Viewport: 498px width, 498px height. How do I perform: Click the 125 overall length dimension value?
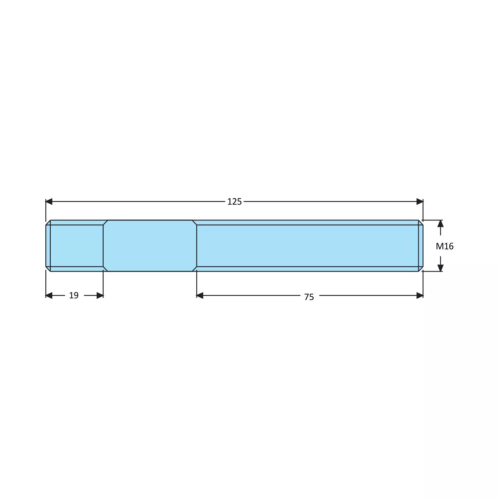234,202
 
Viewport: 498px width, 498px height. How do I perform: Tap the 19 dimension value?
74,295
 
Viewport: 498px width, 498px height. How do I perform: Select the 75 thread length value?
309,297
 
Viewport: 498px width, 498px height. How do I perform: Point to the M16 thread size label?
444,246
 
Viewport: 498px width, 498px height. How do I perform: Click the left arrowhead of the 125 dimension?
49,201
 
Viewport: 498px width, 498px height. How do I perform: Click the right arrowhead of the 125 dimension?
420,201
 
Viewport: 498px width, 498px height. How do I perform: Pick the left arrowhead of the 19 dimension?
49,295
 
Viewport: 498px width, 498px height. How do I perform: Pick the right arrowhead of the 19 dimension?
100,295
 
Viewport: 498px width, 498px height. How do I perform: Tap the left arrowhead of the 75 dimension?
200,295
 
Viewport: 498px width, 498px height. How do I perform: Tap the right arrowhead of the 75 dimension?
420,295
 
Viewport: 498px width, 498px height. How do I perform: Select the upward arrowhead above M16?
440,224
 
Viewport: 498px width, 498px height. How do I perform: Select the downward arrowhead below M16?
440,268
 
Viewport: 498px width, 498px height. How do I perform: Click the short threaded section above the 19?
76,246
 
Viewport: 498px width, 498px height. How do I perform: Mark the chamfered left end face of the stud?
48,246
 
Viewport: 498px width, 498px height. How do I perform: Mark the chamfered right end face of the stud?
421,246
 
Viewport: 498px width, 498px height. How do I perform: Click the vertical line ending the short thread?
103,246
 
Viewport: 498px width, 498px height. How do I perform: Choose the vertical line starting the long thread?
197,246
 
